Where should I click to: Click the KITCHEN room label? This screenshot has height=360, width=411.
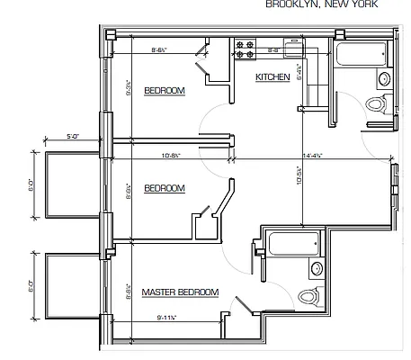point(273,77)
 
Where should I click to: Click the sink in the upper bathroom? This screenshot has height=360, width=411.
point(385,79)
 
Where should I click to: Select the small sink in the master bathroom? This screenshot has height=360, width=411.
point(317,268)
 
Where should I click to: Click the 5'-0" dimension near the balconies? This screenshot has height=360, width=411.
point(74,136)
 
